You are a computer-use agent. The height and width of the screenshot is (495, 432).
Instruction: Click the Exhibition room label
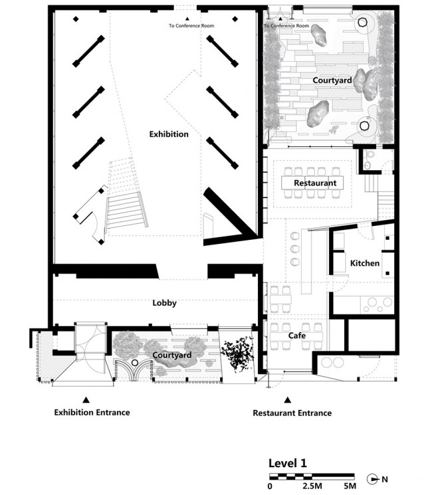point(169,134)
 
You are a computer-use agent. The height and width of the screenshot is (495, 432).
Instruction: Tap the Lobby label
point(165,303)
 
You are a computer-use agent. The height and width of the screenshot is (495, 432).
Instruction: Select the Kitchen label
point(365,263)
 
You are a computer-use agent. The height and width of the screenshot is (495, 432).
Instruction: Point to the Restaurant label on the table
point(315,183)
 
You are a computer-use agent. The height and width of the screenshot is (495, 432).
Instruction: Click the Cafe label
point(297,336)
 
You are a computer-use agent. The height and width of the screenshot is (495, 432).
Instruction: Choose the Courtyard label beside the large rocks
point(332,80)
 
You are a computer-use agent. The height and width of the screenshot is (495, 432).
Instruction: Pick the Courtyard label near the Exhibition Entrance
point(171,355)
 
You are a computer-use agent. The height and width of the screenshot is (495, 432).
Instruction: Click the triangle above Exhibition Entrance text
point(86,400)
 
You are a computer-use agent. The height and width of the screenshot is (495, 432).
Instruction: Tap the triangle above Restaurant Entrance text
point(287,400)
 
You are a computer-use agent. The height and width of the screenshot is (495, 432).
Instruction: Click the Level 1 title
point(287,463)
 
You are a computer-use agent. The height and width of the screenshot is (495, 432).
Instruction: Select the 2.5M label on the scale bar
point(312,486)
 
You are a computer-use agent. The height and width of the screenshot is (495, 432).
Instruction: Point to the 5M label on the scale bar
point(350,486)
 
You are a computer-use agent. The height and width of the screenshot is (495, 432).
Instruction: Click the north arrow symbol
point(373,479)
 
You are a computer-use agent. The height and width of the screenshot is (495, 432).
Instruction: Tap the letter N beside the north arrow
point(385,479)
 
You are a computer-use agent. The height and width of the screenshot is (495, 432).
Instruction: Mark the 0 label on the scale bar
point(270,486)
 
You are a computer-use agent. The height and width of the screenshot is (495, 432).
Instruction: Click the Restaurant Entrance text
point(292,413)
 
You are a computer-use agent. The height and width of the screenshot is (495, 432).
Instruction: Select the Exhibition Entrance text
point(92,413)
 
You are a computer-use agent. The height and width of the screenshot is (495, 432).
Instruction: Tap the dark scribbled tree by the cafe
point(237,353)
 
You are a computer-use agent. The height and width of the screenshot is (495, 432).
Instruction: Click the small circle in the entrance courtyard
point(135,362)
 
